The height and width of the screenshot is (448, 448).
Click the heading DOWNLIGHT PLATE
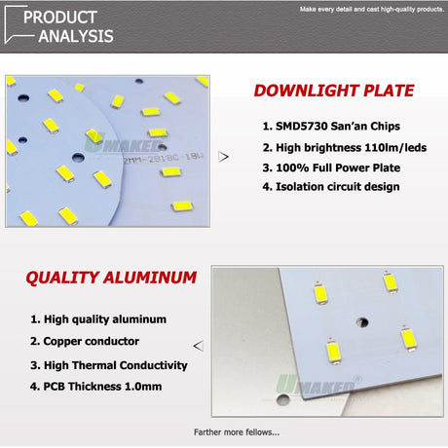(333, 92)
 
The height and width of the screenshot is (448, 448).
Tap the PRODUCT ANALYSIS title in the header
(68, 26)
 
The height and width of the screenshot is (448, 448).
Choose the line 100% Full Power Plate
(331, 167)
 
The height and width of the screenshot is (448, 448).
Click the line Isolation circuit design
(331, 186)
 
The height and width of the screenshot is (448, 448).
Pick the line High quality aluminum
(98, 318)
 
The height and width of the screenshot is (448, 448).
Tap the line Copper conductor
(84, 342)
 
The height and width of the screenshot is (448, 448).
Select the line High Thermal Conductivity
(108, 365)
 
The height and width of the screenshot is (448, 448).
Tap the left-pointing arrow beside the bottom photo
(200, 345)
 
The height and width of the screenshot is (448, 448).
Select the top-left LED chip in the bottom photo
(319, 290)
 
